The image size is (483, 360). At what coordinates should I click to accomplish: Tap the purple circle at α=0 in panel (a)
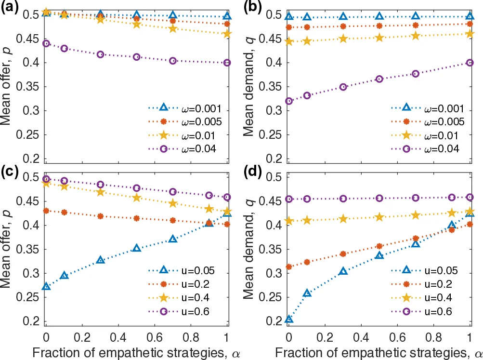pos(46,43)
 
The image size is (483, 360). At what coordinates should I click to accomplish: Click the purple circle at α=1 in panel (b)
pos(470,63)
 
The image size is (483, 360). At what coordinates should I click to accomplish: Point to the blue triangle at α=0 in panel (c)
pos(46,286)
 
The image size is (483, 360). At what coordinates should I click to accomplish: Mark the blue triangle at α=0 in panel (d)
pos(289,319)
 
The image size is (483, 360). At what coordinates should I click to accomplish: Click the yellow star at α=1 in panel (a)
pos(227,34)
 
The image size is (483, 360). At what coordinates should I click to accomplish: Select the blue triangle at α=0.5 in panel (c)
pos(137,248)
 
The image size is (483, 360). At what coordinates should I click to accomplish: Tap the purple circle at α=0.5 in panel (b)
pos(379,79)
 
